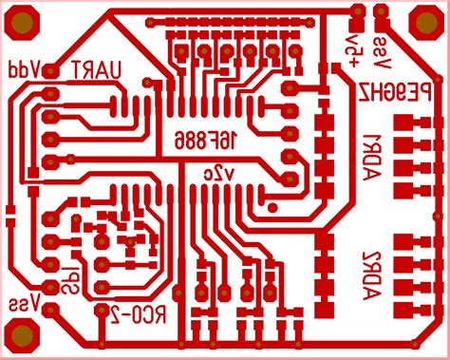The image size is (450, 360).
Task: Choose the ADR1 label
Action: point(371,152)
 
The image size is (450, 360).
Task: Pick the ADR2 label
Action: point(371,275)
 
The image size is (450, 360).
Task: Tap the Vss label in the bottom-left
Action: point(23,304)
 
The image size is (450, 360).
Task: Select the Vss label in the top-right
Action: point(381,53)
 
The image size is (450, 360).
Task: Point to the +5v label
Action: point(354,48)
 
